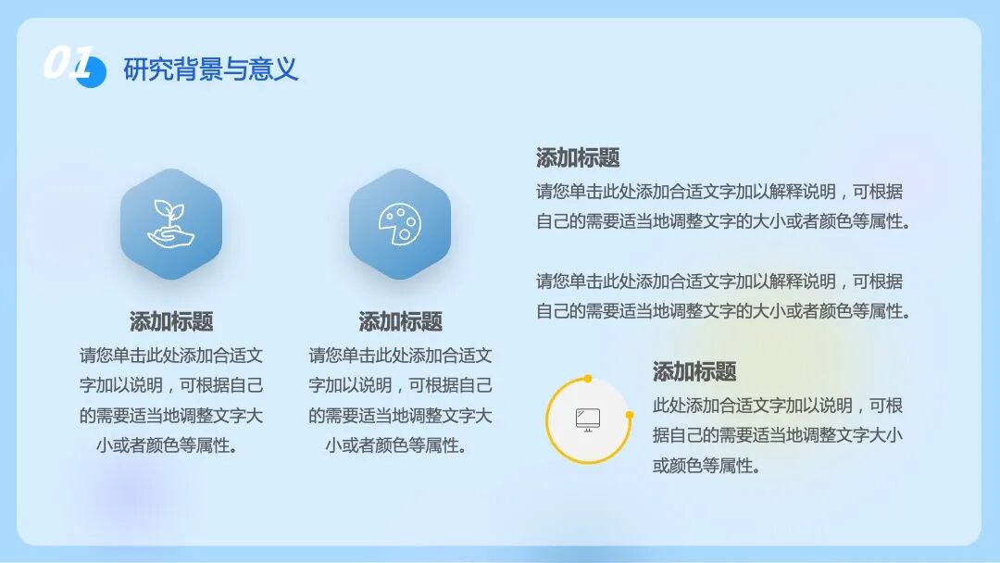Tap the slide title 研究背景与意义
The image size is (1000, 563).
pyautogui.click(x=211, y=69)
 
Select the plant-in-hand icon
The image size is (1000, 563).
pyautogui.click(x=171, y=224)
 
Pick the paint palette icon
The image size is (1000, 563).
pyautogui.click(x=400, y=224)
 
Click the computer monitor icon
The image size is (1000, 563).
pyautogui.click(x=588, y=419)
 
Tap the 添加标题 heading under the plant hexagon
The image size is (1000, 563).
pyautogui.click(x=171, y=321)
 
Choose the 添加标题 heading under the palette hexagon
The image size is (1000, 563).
pyautogui.click(x=400, y=321)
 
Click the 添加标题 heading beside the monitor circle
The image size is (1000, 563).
pyautogui.click(x=694, y=371)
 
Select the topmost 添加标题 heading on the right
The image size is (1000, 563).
pyautogui.click(x=578, y=157)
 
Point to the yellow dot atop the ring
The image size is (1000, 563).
pyautogui.click(x=588, y=378)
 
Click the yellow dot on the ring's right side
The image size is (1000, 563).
pyautogui.click(x=630, y=415)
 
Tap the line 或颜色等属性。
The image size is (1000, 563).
pyautogui.click(x=706, y=466)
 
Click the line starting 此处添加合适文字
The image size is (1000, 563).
pyautogui.click(x=778, y=406)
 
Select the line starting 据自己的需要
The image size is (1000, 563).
pyautogui.click(x=778, y=435)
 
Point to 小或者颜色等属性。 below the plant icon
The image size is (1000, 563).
pyautogui.click(x=171, y=445)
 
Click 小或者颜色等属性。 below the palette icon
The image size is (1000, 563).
pyautogui.click(x=400, y=445)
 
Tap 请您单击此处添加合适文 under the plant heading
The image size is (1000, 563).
pyautogui.click(x=171, y=355)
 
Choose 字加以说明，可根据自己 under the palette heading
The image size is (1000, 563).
pyautogui.click(x=400, y=385)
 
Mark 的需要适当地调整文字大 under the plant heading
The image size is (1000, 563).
pyautogui.click(x=171, y=415)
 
